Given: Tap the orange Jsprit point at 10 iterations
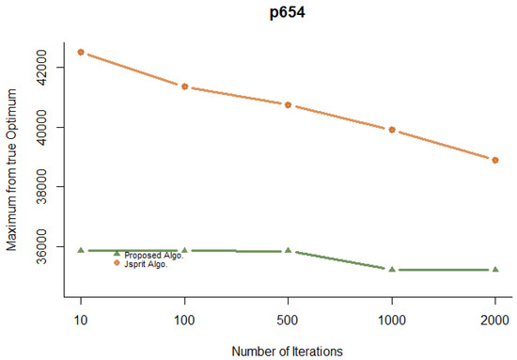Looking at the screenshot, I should [x=81, y=52].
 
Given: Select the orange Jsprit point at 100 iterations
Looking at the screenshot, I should [x=184, y=86].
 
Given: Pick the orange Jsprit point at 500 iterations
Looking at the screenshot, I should [x=288, y=104].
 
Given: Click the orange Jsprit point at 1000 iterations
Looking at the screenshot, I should [x=391, y=130].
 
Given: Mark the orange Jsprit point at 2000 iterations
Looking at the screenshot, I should [x=494, y=160].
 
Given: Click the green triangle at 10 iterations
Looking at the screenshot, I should [x=81, y=250].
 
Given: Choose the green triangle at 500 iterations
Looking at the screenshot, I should [x=288, y=250].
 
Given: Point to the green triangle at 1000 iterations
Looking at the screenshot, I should [x=391, y=269].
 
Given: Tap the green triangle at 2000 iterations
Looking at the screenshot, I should [x=494, y=269].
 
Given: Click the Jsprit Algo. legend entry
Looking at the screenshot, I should [x=147, y=263].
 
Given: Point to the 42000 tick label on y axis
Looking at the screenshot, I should [x=46, y=67].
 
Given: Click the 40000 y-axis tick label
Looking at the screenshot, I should [x=46, y=127].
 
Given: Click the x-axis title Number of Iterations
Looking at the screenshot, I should [x=288, y=350].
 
